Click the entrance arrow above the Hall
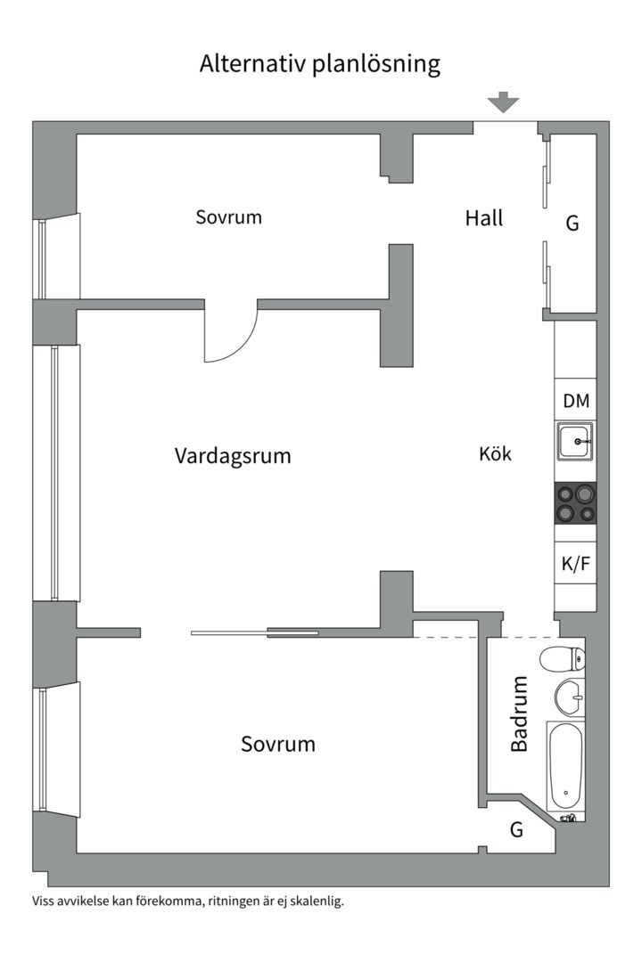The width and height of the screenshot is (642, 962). click(504, 102)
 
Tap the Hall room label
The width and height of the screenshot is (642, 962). click(484, 217)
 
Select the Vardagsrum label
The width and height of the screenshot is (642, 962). click(233, 456)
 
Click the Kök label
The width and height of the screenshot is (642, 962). click(496, 453)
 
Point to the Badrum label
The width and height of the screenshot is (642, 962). click(519, 713)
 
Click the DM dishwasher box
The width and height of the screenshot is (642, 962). click(576, 401)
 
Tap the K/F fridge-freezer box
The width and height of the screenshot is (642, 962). click(576, 564)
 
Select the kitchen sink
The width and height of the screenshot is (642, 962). click(576, 442)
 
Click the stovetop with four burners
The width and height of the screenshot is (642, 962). click(576, 503)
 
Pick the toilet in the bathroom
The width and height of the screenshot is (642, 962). click(564, 660)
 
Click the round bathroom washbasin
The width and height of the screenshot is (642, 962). click(568, 696)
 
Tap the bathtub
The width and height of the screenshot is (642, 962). click(564, 766)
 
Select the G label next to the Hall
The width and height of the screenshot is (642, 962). click(572, 223)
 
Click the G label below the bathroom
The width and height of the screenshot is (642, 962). click(516, 830)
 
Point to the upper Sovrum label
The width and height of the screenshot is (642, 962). click(229, 216)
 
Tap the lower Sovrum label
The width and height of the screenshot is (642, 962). click(278, 744)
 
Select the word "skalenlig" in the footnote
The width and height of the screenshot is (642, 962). click(317, 901)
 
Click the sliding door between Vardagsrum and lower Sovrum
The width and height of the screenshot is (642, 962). click(254, 633)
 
